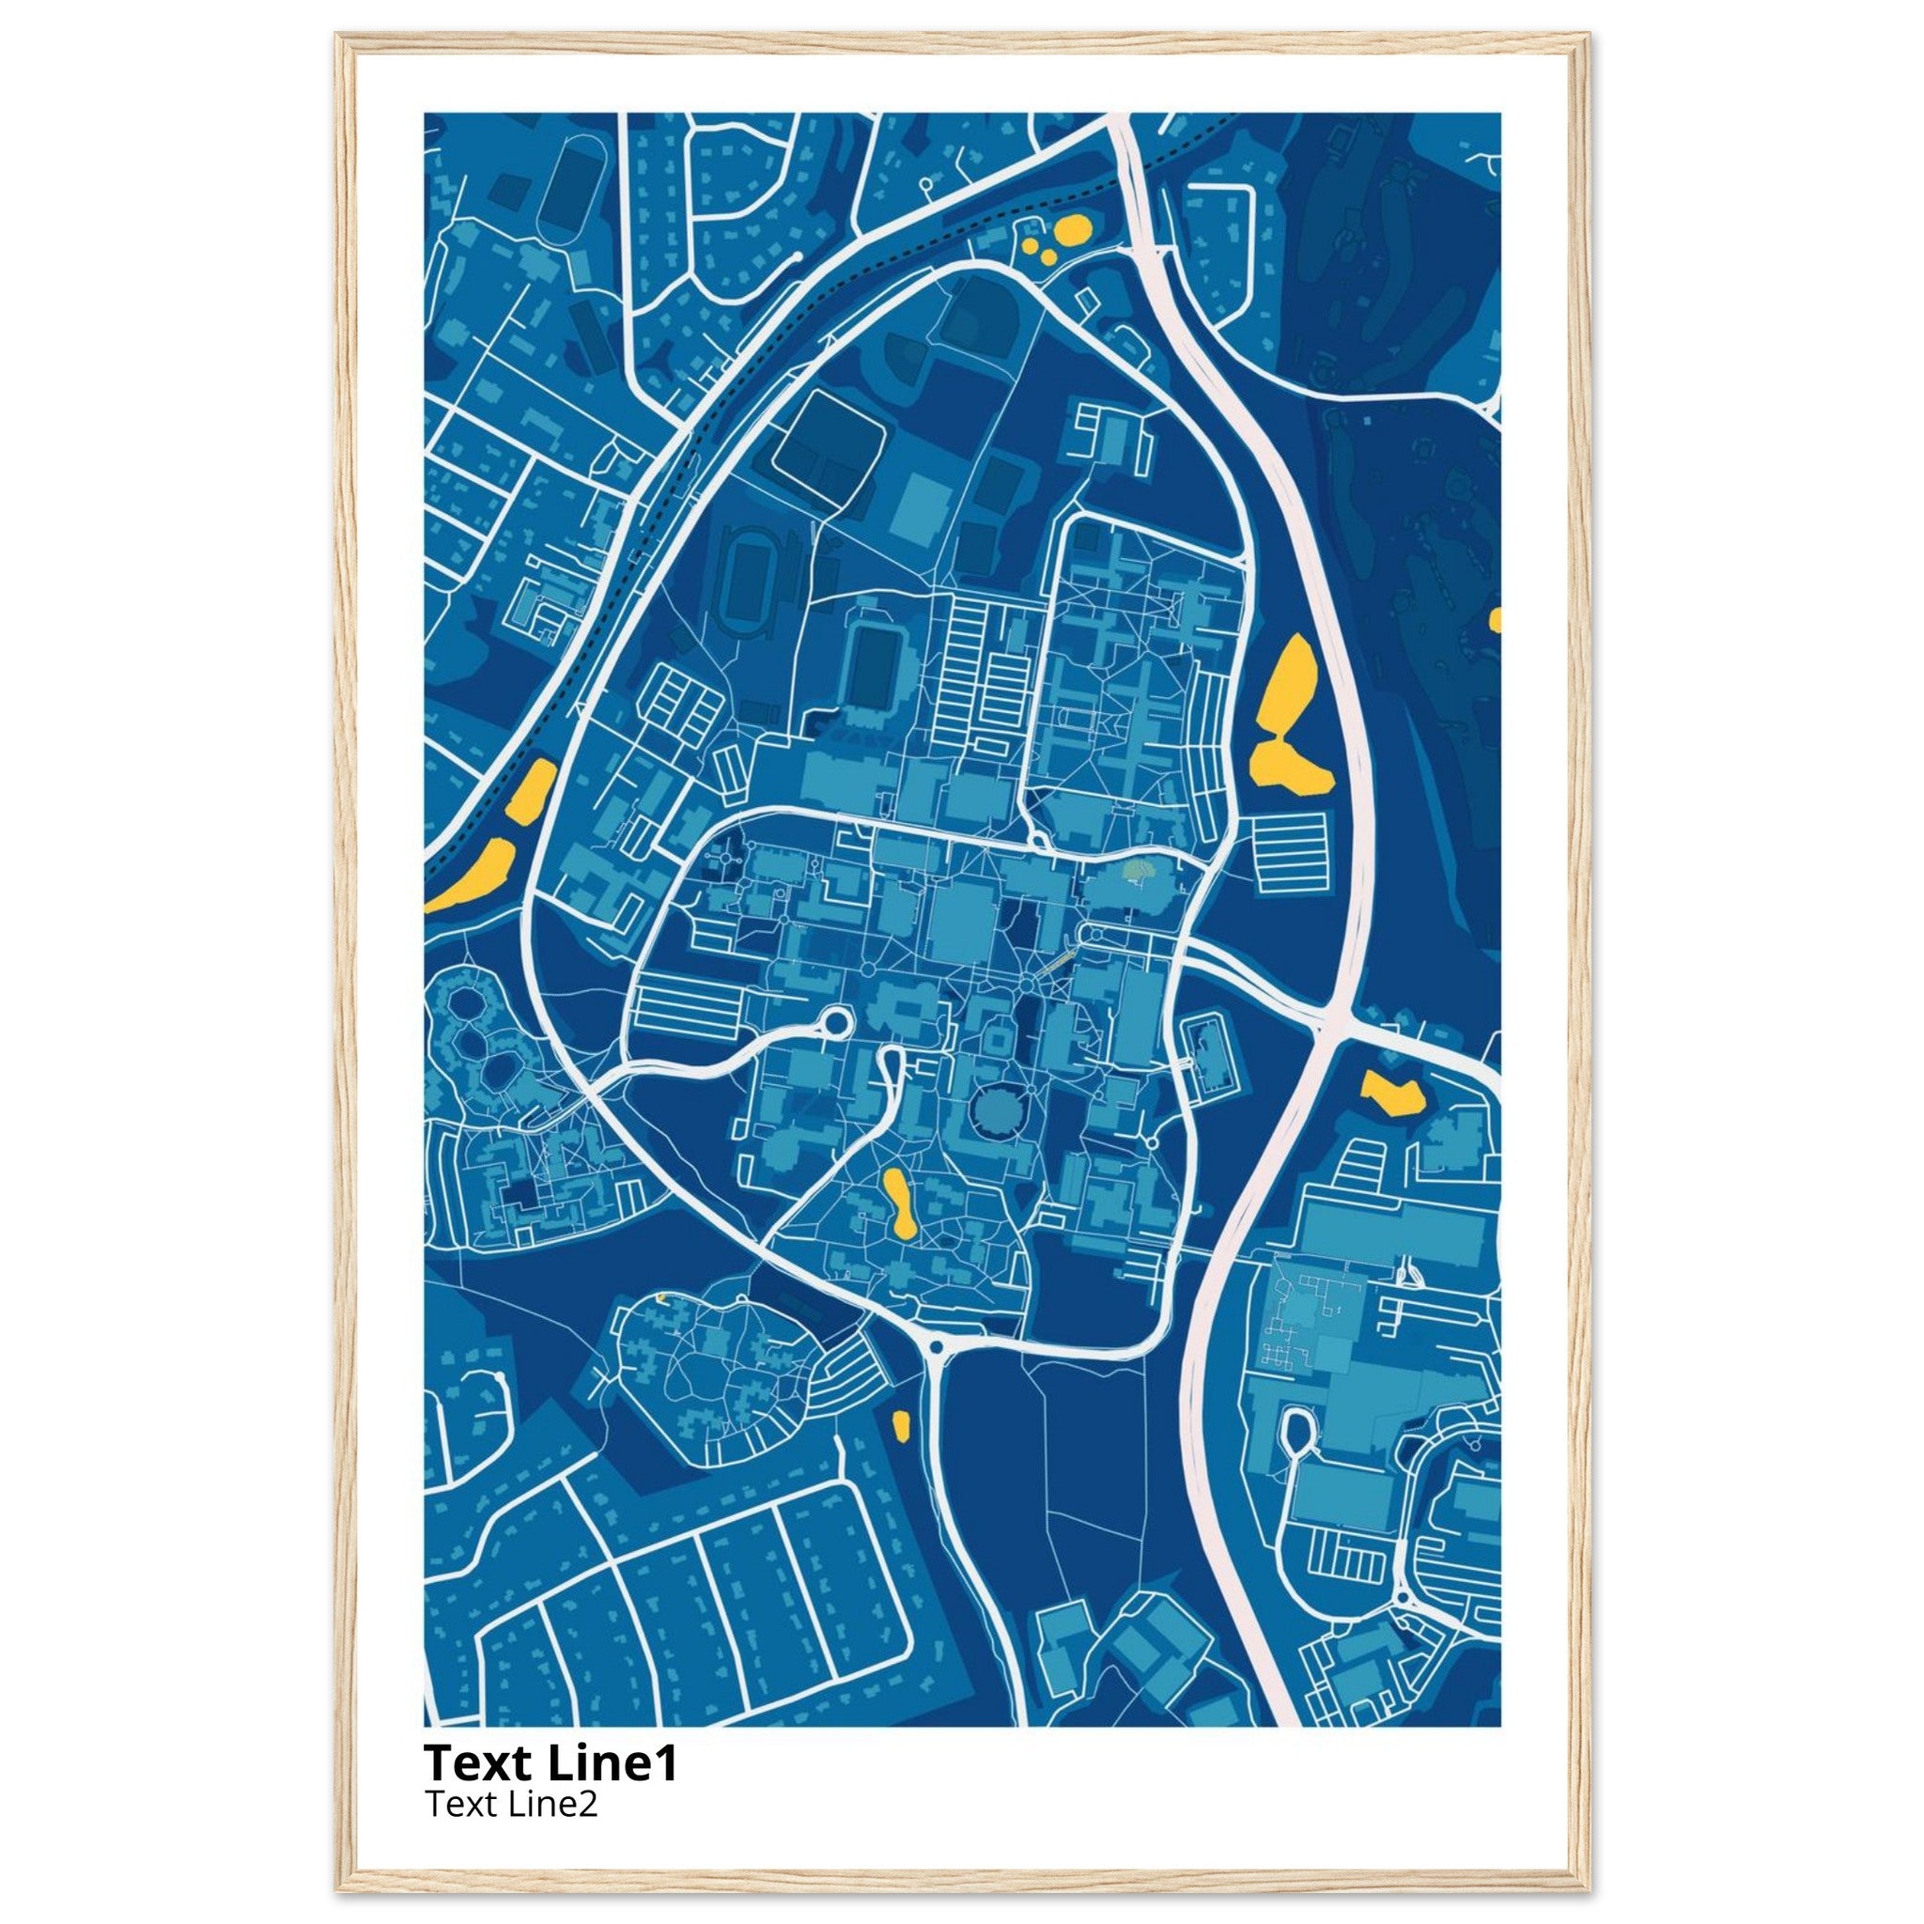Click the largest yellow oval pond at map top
point(1072,231)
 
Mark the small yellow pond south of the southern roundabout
point(901,1425)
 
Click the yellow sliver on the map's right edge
point(1495,620)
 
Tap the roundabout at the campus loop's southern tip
point(936,1347)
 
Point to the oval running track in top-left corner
point(570,189)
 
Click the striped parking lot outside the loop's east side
point(1292,851)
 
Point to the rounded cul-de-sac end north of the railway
point(796,256)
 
